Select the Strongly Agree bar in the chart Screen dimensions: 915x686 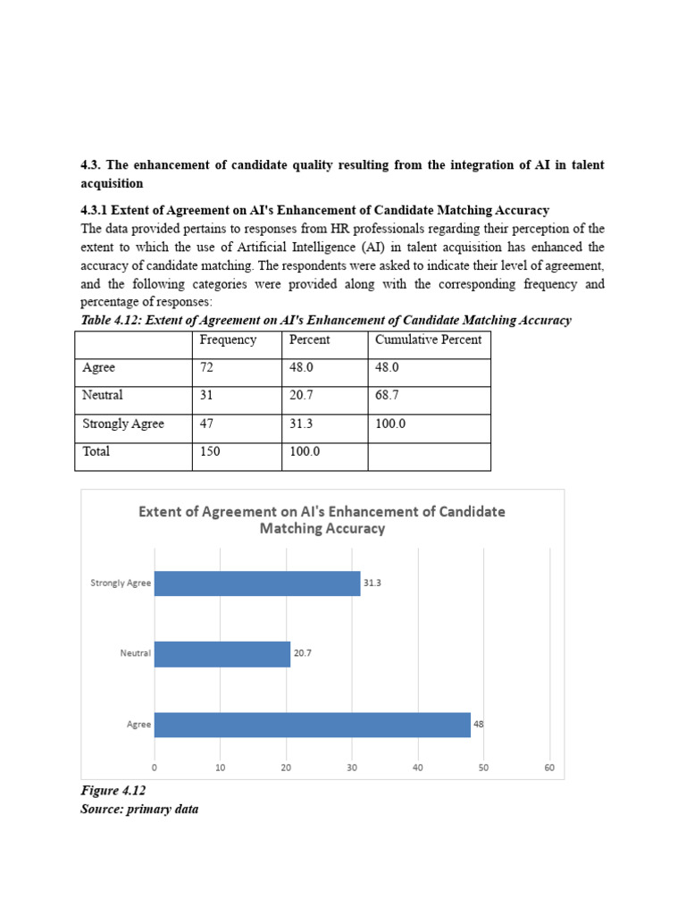[257, 583]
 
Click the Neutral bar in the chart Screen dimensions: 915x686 [222, 653]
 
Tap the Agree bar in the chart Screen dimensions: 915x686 [313, 725]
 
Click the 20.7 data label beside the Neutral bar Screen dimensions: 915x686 [304, 653]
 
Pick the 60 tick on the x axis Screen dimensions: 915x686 [549, 768]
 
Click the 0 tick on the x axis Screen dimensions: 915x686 [155, 768]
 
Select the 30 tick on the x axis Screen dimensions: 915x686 [352, 768]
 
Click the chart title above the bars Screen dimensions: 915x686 [322, 520]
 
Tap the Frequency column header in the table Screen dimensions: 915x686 [228, 340]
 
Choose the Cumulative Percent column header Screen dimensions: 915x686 [428, 340]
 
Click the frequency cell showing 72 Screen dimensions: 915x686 [208, 367]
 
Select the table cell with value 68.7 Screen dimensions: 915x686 [387, 395]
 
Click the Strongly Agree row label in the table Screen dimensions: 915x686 [123, 424]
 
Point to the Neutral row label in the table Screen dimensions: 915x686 [103, 395]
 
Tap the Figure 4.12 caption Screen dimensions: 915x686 [113, 791]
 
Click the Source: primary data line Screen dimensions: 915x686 [139, 809]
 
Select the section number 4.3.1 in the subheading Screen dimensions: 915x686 [96, 210]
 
